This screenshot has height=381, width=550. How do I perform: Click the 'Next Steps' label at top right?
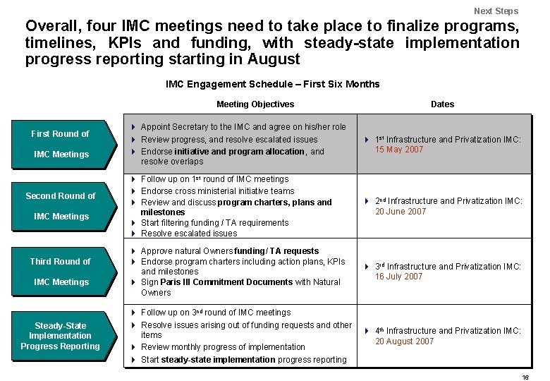(x=496, y=11)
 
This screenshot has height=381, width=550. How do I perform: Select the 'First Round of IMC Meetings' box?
(x=61, y=144)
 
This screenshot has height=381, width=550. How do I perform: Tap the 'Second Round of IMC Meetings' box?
(x=61, y=206)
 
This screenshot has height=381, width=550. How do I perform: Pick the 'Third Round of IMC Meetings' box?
(x=61, y=272)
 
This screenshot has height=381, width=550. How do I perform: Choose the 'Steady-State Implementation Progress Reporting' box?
(x=61, y=336)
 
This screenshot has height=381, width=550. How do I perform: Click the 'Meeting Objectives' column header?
(x=255, y=104)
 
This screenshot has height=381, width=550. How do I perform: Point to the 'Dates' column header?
(x=442, y=104)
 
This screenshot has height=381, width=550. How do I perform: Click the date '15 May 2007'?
(x=399, y=150)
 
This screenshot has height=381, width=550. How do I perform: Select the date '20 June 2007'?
(x=401, y=212)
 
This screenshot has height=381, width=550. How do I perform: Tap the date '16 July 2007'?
(x=399, y=277)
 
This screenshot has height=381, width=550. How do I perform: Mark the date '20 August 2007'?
(x=403, y=341)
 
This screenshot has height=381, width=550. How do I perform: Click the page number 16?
(x=525, y=377)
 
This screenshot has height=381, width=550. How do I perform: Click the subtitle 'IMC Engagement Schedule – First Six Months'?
(x=272, y=84)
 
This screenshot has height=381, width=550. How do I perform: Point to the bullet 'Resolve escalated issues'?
(x=189, y=234)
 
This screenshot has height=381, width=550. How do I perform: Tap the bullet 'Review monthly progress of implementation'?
(x=223, y=347)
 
